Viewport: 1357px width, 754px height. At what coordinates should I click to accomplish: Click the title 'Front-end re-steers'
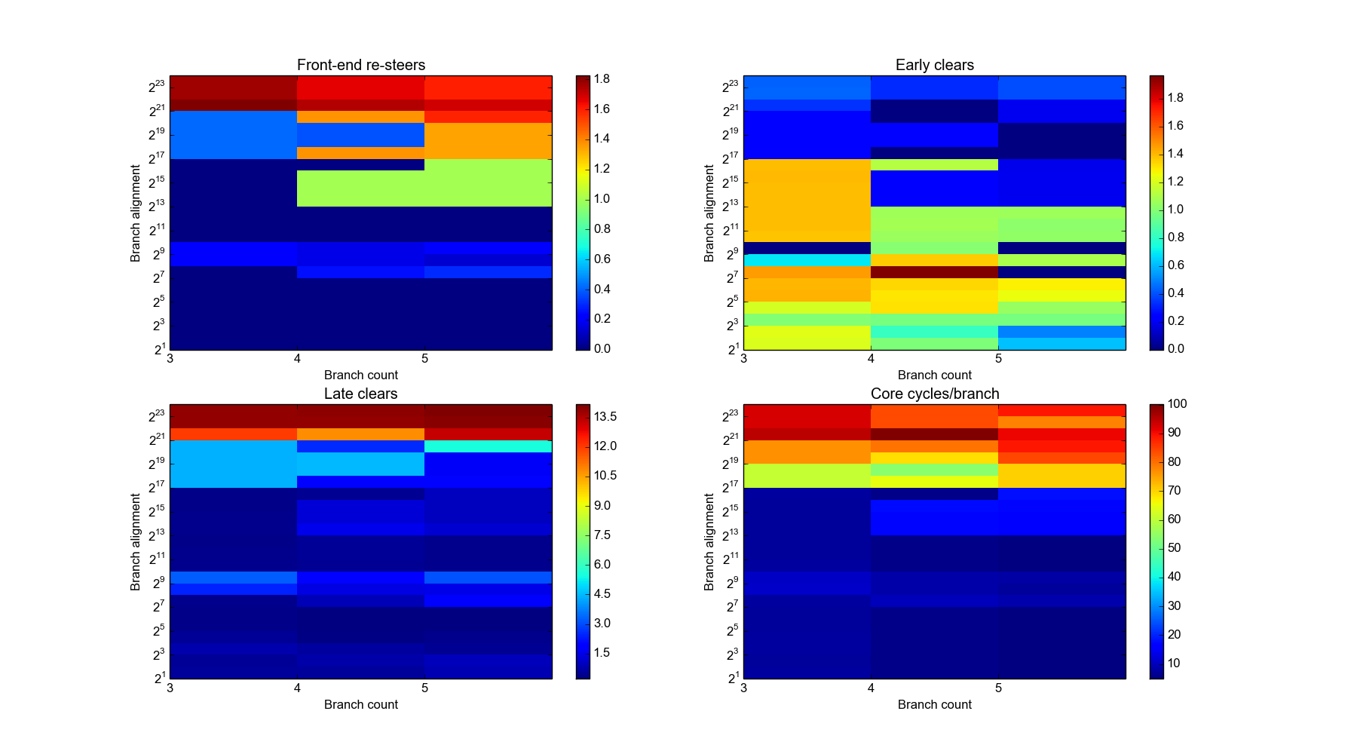pos(360,65)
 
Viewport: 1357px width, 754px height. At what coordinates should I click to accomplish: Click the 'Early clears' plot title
pos(934,65)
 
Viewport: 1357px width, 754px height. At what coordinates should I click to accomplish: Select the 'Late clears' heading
pos(360,394)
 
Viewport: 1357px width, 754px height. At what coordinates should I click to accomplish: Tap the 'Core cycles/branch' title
pos(934,394)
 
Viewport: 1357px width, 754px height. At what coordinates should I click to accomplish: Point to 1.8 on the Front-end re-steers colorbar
pos(601,79)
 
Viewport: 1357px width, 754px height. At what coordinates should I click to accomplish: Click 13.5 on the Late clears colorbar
pos(605,416)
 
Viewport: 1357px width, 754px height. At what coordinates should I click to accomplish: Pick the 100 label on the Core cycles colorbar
pos(1177,404)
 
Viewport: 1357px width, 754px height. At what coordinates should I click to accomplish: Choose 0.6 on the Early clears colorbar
pos(1175,265)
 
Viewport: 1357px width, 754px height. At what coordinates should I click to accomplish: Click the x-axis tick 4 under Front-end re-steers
pos(297,359)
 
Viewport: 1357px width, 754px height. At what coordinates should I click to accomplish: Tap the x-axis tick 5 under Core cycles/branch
pos(998,688)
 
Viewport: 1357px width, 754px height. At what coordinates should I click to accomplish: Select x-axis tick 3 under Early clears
pos(744,359)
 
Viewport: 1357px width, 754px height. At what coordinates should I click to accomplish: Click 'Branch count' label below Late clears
pos(360,704)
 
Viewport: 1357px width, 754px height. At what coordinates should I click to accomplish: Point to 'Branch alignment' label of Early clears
pos(709,213)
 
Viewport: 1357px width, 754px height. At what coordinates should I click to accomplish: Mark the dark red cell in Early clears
pos(934,272)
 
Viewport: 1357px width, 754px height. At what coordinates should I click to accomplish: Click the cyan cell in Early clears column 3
pos(807,260)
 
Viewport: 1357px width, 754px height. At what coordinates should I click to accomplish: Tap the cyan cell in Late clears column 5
pos(488,446)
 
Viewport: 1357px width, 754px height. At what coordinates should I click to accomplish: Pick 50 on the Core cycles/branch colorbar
pos(1174,548)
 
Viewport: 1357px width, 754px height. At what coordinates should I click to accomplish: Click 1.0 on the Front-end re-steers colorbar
pos(601,199)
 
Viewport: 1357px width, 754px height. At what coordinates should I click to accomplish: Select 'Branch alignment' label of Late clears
pos(135,542)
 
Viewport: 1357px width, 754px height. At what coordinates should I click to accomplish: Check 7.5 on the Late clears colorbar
pos(602,535)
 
